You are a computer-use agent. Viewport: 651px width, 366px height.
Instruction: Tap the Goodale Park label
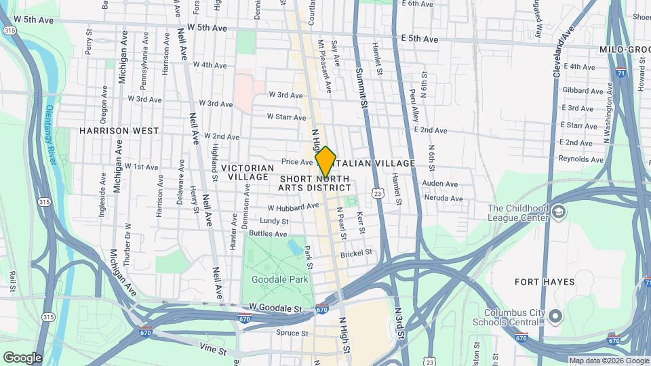(280, 279)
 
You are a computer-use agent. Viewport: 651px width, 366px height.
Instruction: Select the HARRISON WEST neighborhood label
(119, 131)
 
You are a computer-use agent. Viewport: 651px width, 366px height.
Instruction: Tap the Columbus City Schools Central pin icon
(555, 317)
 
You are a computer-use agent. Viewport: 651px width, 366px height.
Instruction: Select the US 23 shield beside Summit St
(377, 194)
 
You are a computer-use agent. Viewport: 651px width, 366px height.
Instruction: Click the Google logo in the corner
(22, 357)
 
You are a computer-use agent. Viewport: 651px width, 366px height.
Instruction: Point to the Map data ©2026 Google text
(609, 361)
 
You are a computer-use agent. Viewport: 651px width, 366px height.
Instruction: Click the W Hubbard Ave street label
(293, 207)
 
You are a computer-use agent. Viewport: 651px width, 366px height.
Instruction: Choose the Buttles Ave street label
(268, 234)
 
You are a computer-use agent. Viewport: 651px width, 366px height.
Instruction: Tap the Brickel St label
(357, 253)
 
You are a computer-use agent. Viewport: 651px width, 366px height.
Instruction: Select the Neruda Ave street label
(442, 199)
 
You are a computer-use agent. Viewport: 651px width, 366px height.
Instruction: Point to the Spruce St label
(292, 333)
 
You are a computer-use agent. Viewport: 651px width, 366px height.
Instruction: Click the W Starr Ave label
(286, 117)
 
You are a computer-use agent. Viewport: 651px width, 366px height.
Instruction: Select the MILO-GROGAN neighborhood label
(625, 50)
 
